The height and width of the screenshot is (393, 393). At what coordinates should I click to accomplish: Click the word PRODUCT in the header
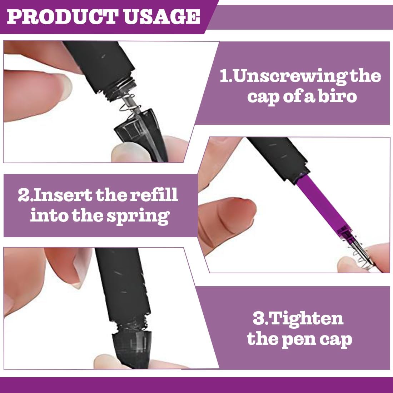63,17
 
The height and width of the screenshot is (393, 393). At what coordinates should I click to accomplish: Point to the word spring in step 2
138,216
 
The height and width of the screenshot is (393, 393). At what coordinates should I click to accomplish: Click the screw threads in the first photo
120,88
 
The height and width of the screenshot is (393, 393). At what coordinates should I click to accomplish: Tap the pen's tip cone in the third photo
131,350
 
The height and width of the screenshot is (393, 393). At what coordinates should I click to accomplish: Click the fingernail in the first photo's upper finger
65,86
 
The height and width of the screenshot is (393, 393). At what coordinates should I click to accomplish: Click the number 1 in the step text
225,76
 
